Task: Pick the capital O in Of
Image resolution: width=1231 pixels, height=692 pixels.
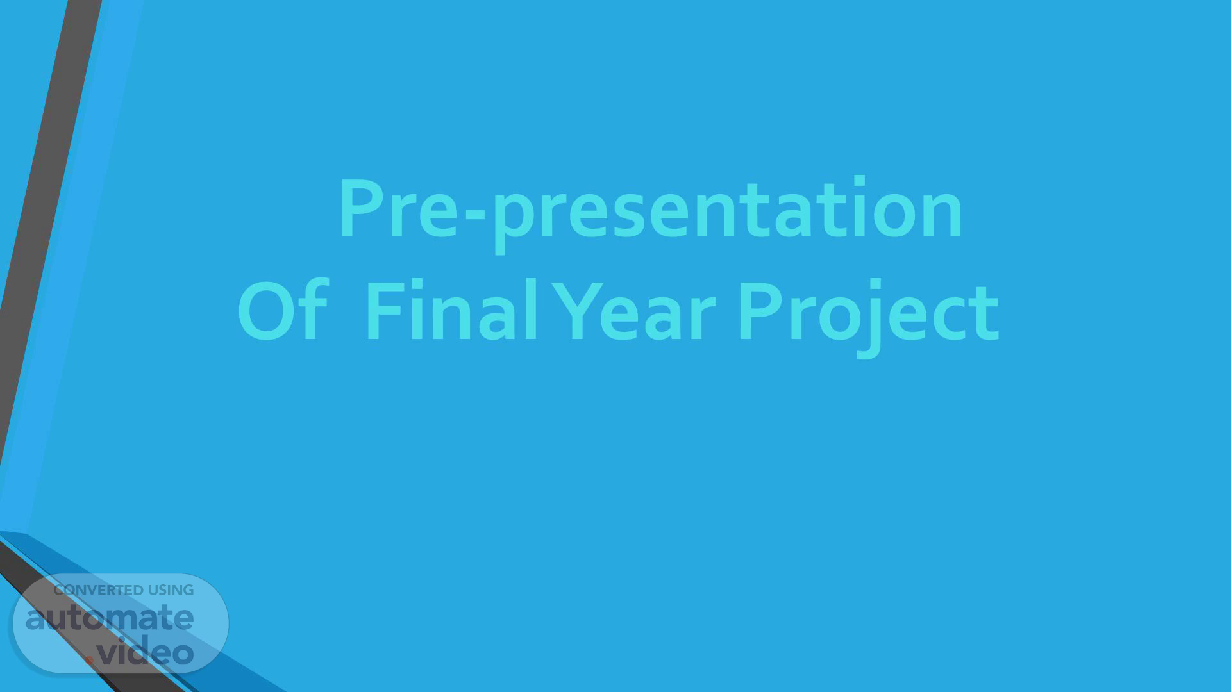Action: coord(265,311)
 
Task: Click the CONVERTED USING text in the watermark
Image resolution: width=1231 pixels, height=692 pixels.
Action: coord(124,590)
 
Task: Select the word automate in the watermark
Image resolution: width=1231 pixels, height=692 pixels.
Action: coord(110,618)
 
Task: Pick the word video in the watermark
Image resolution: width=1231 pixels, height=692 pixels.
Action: coord(146,651)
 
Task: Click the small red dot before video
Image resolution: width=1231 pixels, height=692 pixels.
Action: coord(90,659)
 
